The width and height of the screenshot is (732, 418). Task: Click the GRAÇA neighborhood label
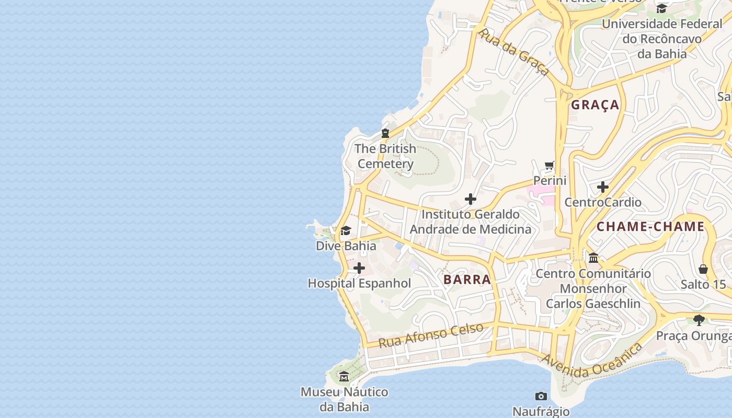pos(595,105)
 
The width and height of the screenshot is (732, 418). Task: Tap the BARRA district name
pos(467,280)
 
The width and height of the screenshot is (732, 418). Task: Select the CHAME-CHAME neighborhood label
pos(650,227)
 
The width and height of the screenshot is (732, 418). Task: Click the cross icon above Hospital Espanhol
pos(359,269)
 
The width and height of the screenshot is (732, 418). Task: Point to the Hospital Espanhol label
pos(359,284)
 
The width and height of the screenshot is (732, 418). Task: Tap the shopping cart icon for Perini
pos(549,166)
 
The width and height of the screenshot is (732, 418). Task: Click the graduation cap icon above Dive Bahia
pos(346,231)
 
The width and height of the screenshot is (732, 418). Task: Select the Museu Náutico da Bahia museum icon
pos(344,377)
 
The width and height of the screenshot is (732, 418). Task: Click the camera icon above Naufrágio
pos(541,397)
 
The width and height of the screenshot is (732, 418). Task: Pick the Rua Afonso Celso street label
pos(431,335)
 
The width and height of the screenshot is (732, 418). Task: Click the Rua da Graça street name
pos(513,52)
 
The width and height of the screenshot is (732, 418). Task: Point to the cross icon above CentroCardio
pos(603,187)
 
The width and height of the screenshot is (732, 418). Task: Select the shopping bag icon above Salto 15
pos(703,269)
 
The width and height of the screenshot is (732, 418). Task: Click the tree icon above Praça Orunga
pos(699,320)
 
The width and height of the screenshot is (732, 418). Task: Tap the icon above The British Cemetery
pos(385,134)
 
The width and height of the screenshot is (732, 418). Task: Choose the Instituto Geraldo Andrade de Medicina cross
pos(471,199)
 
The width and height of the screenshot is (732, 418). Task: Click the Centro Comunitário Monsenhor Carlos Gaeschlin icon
pos(593,258)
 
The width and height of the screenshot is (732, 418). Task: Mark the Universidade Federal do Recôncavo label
pos(661,39)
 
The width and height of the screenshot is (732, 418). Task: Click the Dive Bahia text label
pos(346,246)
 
